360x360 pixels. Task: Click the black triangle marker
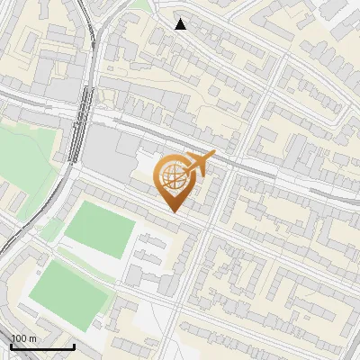click(181, 24)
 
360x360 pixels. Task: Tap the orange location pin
click(173, 180)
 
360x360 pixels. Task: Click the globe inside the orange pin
click(173, 178)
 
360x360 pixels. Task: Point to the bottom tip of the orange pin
click(173, 211)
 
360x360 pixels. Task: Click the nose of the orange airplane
click(214, 155)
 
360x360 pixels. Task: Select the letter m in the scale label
click(33, 339)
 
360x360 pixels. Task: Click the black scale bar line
click(42, 347)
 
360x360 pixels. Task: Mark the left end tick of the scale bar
click(11, 346)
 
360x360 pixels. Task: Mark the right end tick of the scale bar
click(74, 346)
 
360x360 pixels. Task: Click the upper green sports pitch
click(100, 229)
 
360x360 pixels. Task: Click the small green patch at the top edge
click(139, 4)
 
